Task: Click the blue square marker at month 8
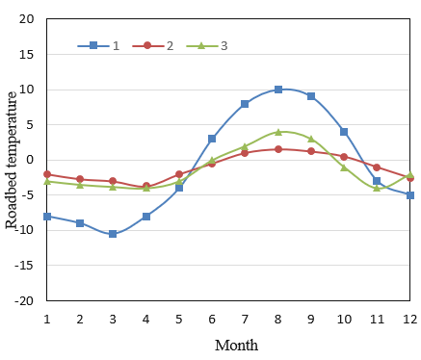278,90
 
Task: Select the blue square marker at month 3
113,234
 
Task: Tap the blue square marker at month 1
47,217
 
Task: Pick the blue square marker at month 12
410,195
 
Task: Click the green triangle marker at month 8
278,132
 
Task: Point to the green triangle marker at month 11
377,188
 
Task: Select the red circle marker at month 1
47,174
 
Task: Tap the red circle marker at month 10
344,157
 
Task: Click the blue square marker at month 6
212,139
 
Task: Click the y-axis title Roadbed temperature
12,160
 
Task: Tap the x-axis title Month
236,345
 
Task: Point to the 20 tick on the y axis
26,19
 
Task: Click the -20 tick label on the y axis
24,300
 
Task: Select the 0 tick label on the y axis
30,160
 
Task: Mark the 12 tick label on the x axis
409,317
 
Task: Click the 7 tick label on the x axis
245,317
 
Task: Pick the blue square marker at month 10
344,132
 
